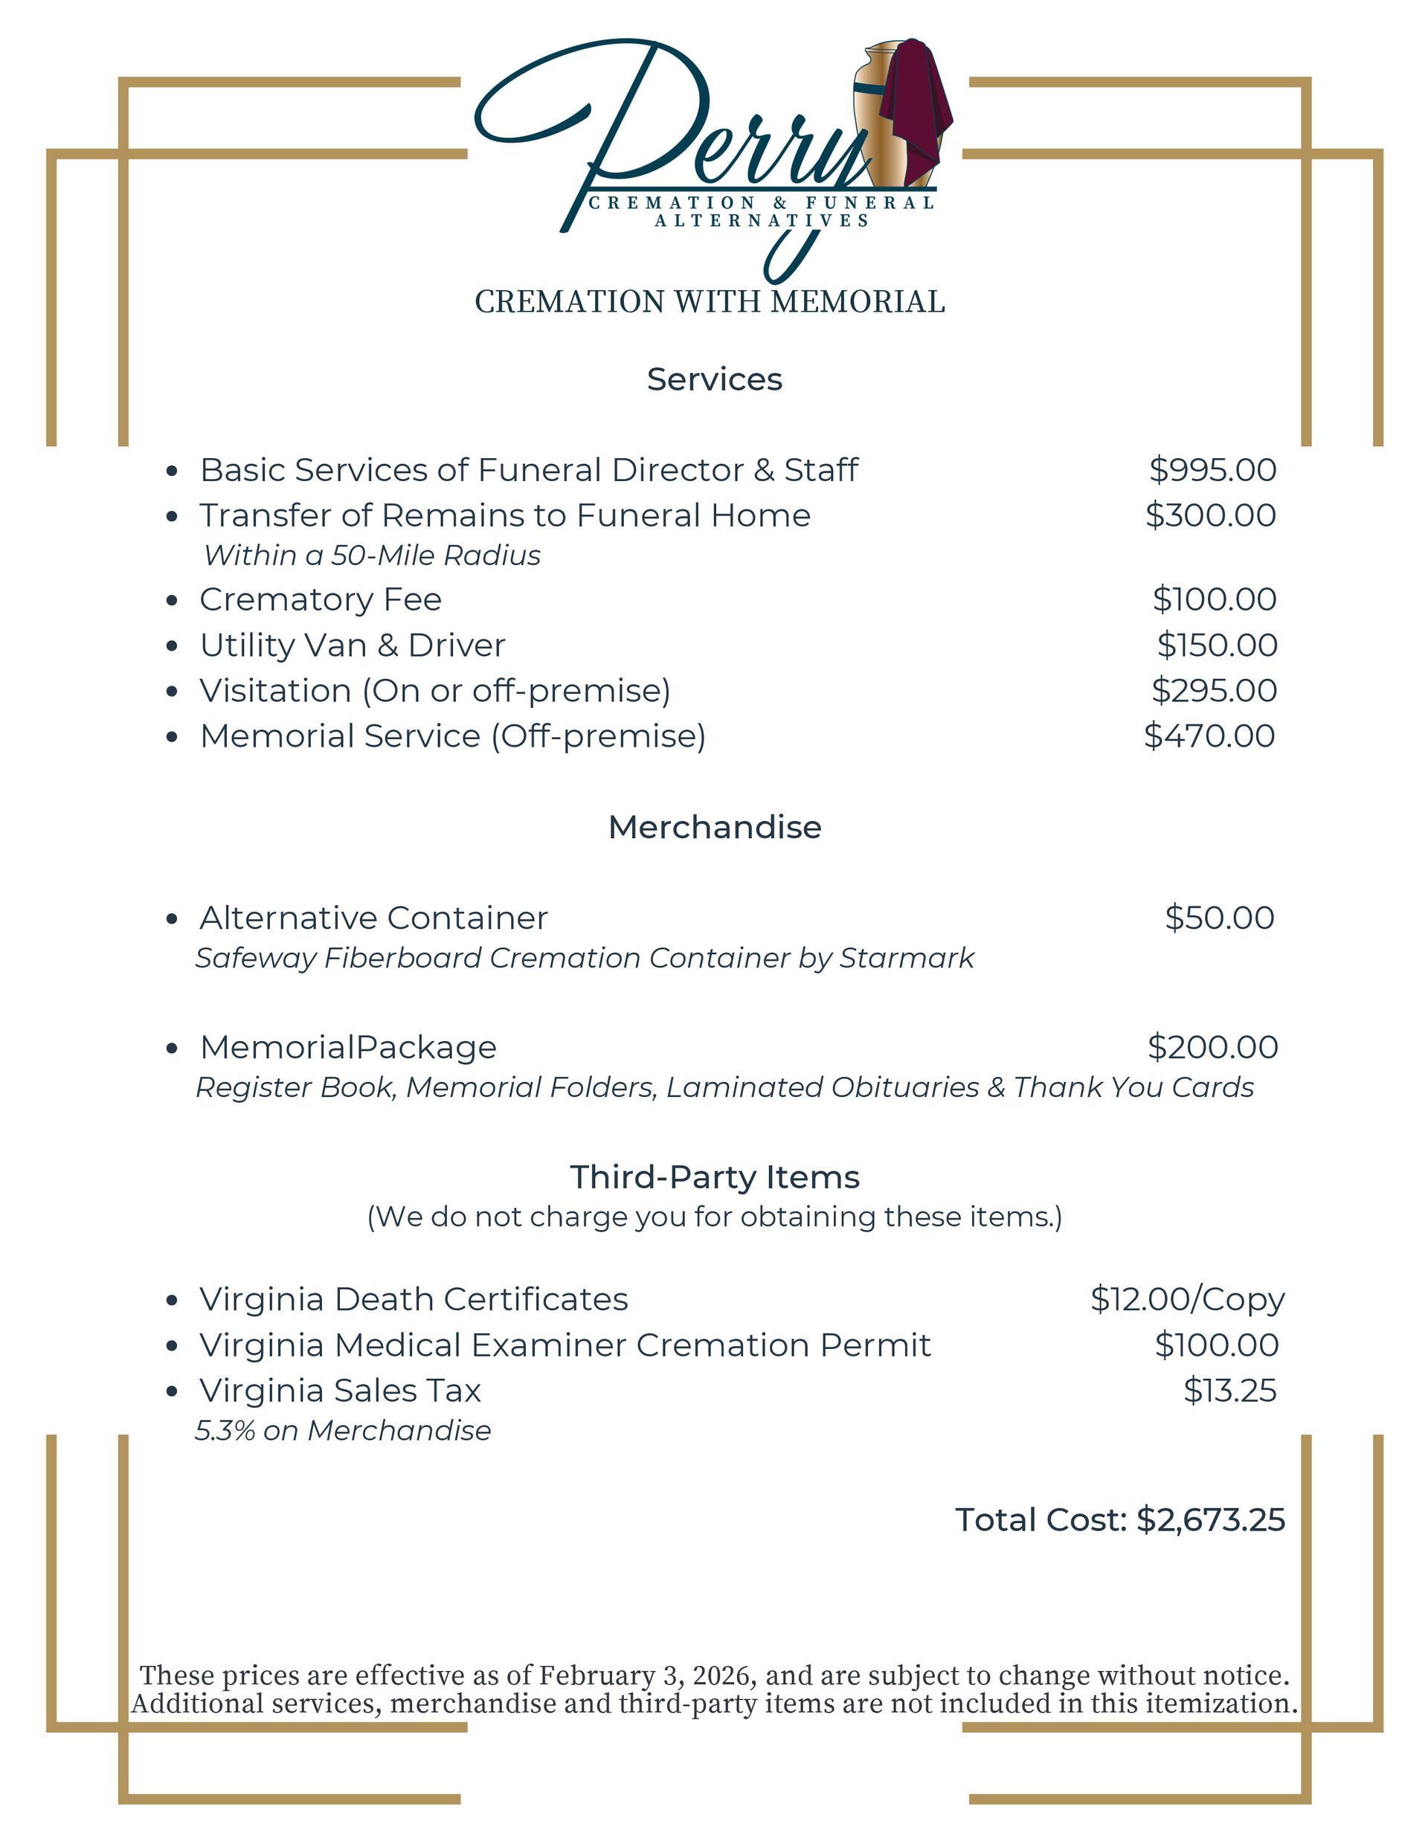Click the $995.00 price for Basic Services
point(1212,469)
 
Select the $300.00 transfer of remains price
point(1211,515)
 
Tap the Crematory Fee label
point(320,599)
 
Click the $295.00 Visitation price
point(1214,690)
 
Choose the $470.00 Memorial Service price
point(1209,736)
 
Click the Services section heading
point(715,379)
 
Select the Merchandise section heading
point(715,827)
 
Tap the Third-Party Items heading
point(715,1177)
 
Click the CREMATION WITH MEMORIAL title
point(710,302)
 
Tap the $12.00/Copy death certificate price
point(1187,1299)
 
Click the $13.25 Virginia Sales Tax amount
point(1229,1390)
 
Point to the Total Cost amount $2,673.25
point(1211,1520)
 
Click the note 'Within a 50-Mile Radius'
point(373,555)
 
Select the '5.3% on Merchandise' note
point(343,1430)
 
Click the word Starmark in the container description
point(907,958)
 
